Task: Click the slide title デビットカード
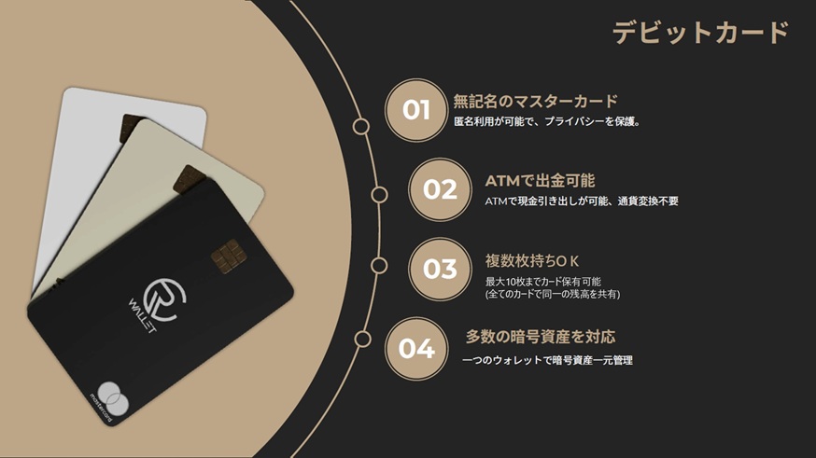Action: [x=701, y=33]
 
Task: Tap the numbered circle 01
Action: [x=416, y=110]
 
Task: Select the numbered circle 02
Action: [x=440, y=189]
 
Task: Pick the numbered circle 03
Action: [x=440, y=269]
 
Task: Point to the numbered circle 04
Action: [x=416, y=349]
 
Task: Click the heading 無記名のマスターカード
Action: [x=536, y=101]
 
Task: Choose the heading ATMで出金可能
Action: [x=540, y=180]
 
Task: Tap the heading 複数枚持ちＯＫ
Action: [x=532, y=260]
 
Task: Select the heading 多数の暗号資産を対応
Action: [x=541, y=337]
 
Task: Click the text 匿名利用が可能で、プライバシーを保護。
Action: [x=546, y=121]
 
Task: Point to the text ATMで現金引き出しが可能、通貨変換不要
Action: [x=581, y=201]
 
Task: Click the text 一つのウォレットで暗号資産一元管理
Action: [x=547, y=359]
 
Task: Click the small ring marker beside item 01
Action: [x=360, y=126]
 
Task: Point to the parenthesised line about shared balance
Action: [x=552, y=295]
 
